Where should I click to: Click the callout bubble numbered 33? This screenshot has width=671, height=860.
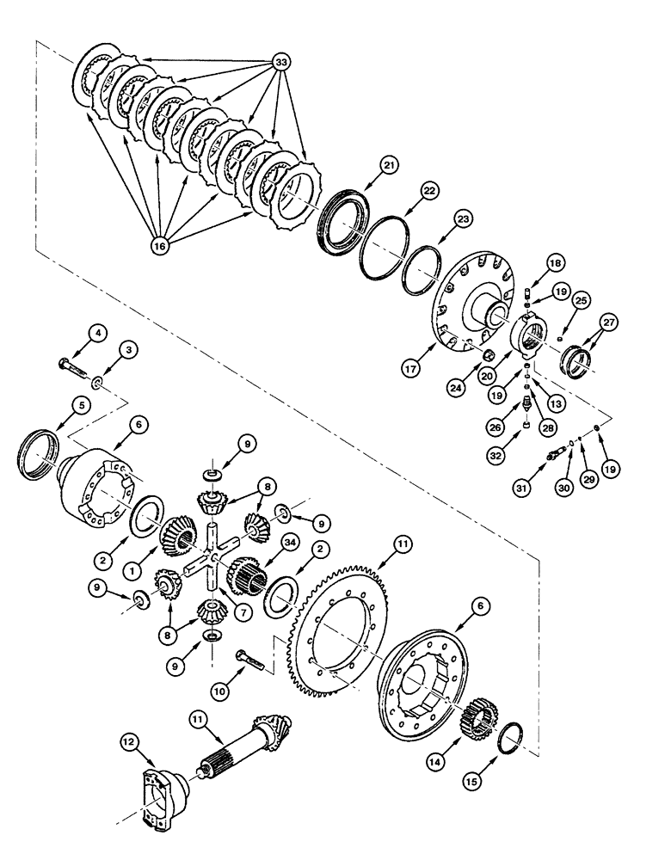[x=280, y=62]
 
